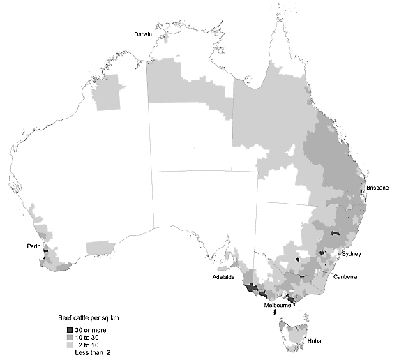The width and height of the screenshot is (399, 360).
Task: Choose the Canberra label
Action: [345, 277]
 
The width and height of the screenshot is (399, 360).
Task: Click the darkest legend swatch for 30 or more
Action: [69, 329]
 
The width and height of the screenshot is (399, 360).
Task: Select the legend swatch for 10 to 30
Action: [69, 337]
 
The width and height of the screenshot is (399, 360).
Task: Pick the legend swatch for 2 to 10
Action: [69, 345]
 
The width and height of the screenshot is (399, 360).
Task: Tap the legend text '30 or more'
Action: [91, 329]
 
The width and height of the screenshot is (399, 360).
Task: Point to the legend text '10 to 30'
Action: [89, 337]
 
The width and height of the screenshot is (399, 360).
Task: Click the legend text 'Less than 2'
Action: [93, 353]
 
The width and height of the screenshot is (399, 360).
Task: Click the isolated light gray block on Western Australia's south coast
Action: [98, 248]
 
